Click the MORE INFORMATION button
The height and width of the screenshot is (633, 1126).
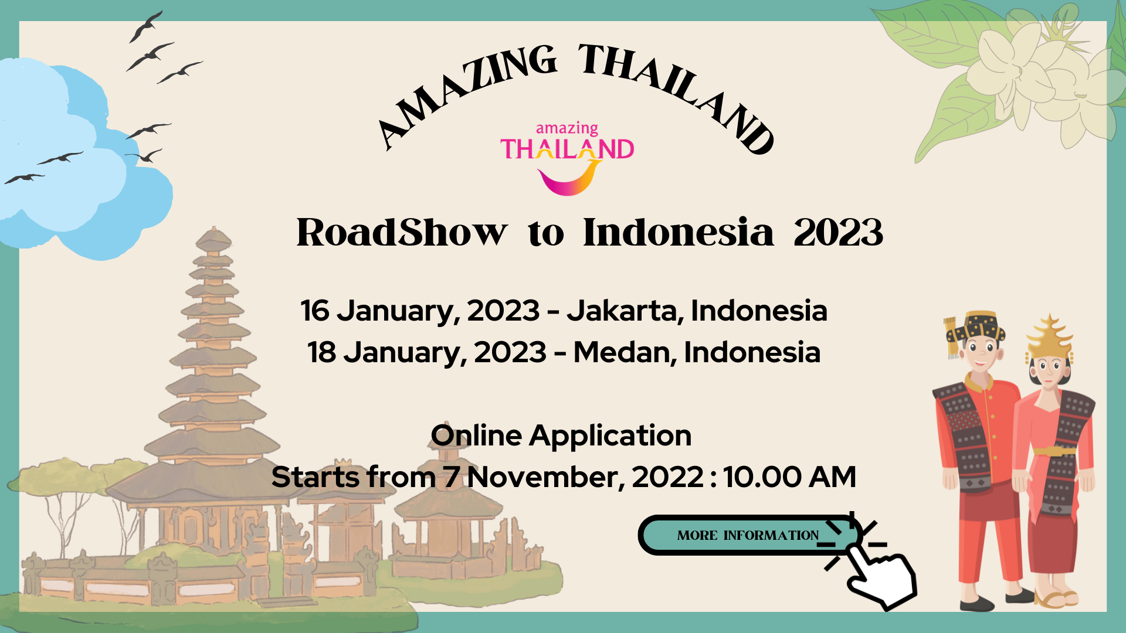point(748,535)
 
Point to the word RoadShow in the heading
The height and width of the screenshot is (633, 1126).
point(402,232)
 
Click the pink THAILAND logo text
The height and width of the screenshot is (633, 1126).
point(567,149)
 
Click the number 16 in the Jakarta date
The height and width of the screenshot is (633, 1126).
point(315,311)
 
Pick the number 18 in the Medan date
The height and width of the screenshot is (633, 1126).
point(322,352)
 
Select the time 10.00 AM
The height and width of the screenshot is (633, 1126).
point(789,477)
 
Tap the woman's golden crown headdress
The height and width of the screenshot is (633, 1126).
point(1050,337)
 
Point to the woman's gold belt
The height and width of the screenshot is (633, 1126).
point(1054,451)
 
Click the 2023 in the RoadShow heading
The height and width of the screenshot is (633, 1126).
point(838,233)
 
